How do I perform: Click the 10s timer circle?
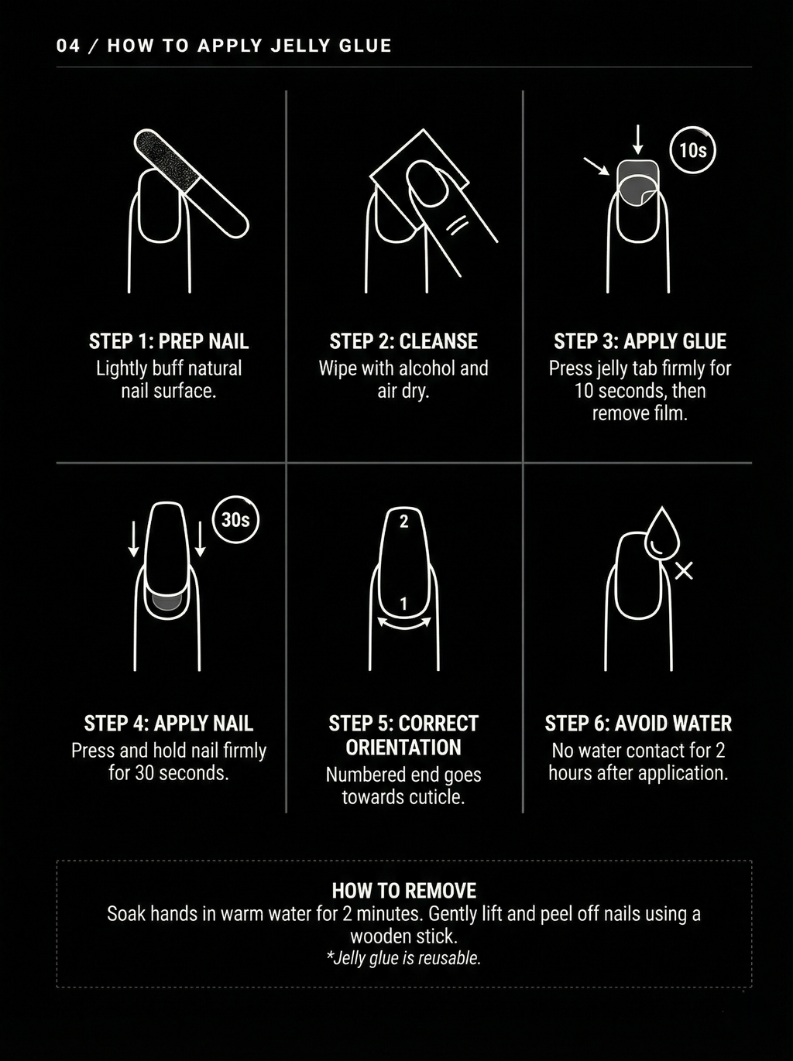tap(692, 150)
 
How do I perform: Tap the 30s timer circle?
tap(235, 519)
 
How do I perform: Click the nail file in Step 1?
tap(191, 183)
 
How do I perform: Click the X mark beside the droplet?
tap(684, 571)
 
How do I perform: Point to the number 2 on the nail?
tap(403, 522)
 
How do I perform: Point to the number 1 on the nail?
tap(403, 604)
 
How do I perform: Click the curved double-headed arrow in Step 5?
tap(403, 624)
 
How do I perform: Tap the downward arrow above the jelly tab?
tap(637, 139)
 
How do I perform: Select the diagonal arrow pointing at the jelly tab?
tap(596, 166)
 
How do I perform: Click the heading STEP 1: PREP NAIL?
tap(169, 341)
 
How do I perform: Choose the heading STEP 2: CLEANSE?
tap(403, 341)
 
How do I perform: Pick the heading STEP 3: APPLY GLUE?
tap(640, 341)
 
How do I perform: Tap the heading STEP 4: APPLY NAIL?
tap(169, 724)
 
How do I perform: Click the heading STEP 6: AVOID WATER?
tap(638, 724)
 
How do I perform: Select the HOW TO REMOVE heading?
tap(404, 891)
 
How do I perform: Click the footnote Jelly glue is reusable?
tap(404, 958)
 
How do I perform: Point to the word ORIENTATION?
tap(403, 748)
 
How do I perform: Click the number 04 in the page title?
tap(68, 46)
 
